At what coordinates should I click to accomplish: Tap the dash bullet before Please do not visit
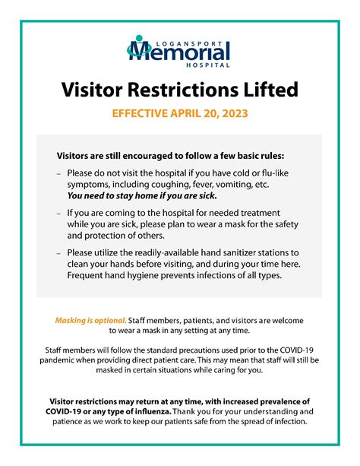[x=58, y=174]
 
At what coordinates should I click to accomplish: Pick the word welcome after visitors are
[x=293, y=320]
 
